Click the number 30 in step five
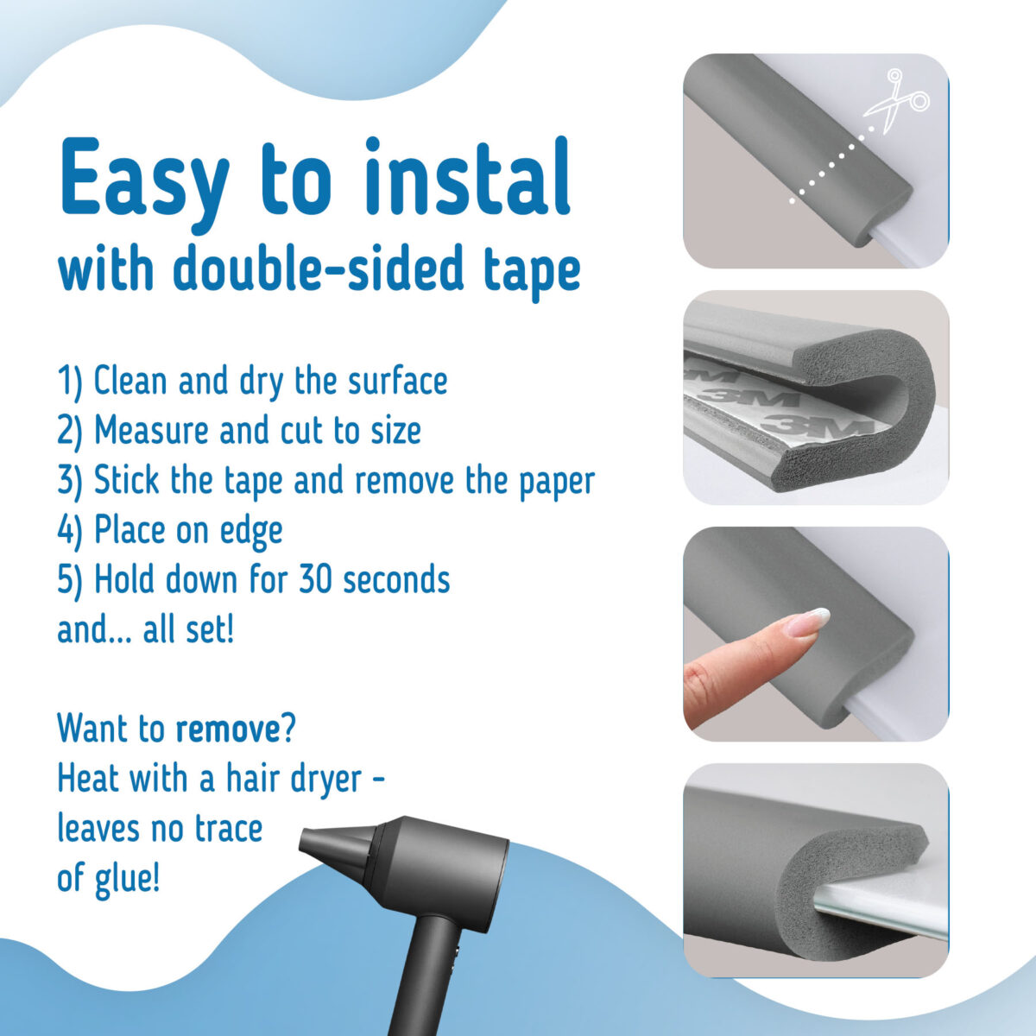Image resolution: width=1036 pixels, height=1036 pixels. coord(316,579)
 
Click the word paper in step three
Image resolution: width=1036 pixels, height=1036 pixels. coord(556,480)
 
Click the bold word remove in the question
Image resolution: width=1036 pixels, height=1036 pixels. coord(227,730)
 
